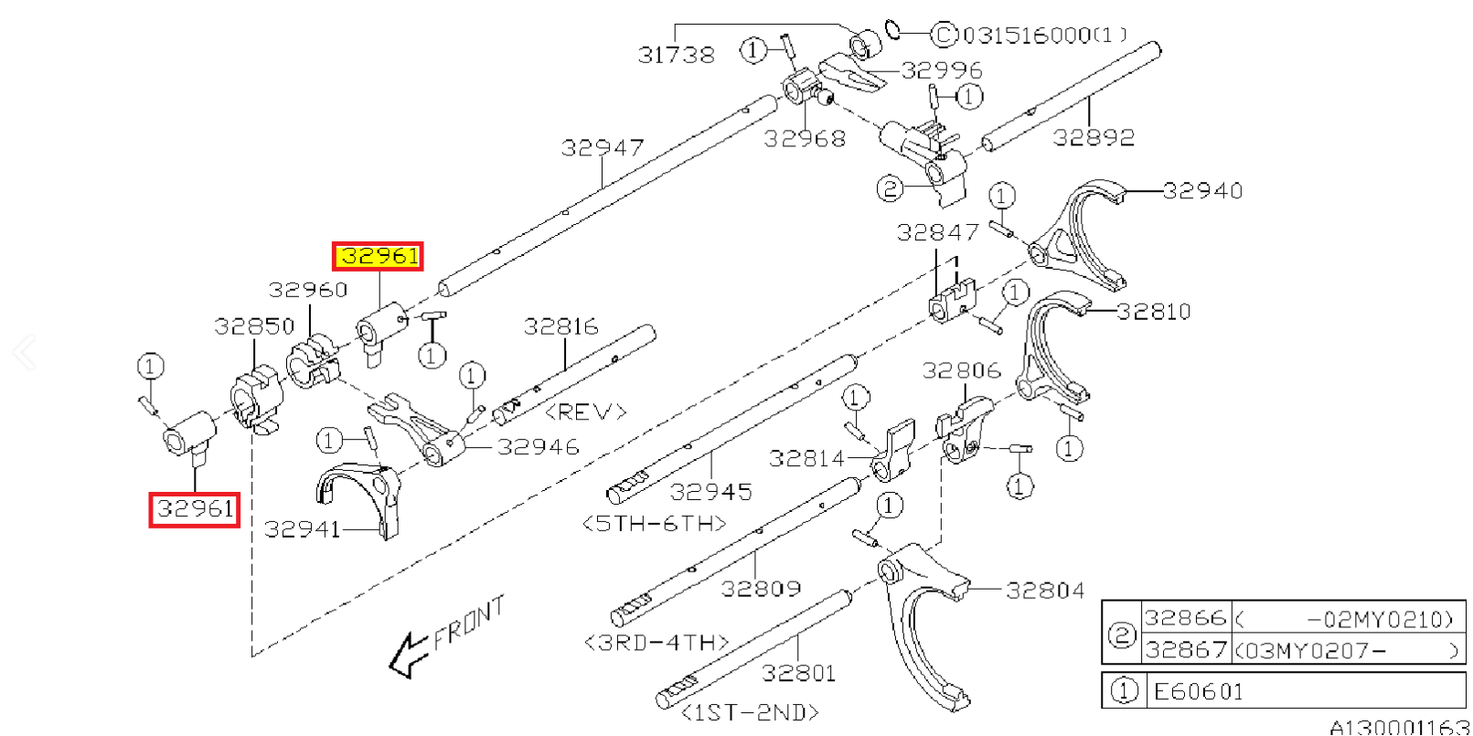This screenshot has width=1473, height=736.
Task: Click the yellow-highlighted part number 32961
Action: [x=379, y=257]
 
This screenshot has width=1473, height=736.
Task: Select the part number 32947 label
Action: [x=603, y=147]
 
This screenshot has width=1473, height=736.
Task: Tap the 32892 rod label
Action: [x=1094, y=137]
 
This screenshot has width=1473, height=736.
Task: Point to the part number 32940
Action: [x=1202, y=190]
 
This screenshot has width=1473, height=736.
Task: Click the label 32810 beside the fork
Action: [x=1154, y=312]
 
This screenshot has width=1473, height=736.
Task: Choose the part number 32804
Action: [x=1045, y=591]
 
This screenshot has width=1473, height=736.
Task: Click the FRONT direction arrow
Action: [x=408, y=654]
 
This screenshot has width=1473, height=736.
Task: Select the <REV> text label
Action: [x=585, y=412]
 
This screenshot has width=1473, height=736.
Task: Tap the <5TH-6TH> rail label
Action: [x=654, y=523]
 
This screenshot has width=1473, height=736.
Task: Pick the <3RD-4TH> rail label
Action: [x=656, y=643]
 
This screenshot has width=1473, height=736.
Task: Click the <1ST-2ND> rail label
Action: [x=750, y=711]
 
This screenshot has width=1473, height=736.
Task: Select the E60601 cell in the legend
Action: [x=1199, y=691]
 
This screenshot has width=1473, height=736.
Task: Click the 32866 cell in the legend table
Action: [x=1185, y=618]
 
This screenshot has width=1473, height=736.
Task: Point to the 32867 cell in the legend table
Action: [x=1185, y=649]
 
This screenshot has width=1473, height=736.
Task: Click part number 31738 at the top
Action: [x=677, y=55]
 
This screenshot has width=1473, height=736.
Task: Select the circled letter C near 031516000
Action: [x=944, y=35]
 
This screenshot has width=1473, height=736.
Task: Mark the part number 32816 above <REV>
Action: [x=561, y=326]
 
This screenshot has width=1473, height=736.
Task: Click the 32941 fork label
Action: [x=302, y=528]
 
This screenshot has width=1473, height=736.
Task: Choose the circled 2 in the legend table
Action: [x=1122, y=634]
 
